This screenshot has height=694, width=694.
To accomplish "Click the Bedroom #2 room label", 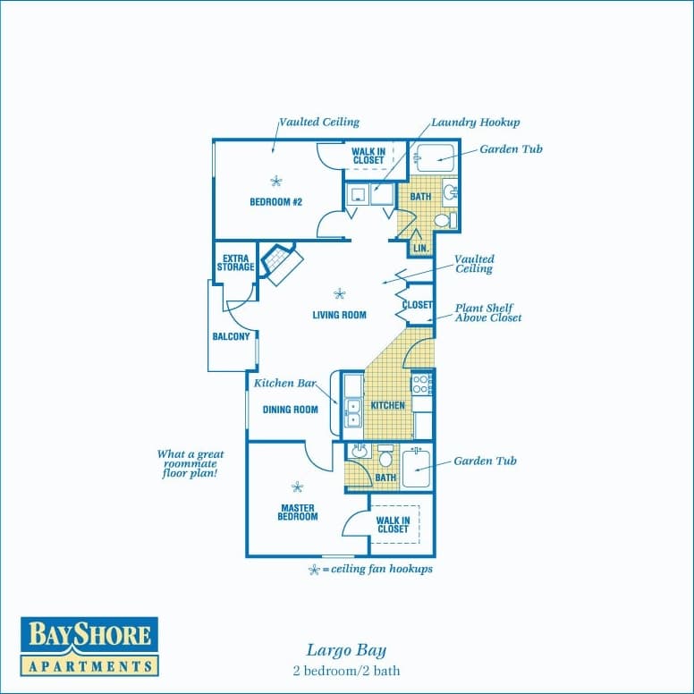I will (275, 202).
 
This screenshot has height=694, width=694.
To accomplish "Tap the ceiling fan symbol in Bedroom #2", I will (275, 181).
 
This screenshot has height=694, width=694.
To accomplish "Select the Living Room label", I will (340, 315).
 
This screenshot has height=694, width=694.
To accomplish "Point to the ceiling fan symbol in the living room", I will (339, 292).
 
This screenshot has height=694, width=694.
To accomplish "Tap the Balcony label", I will (231, 337).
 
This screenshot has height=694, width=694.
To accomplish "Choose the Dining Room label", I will (291, 410).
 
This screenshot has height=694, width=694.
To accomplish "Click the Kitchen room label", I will (388, 405).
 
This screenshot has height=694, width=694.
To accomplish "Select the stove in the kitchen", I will (422, 385).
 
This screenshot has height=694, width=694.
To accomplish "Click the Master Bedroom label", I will (297, 512).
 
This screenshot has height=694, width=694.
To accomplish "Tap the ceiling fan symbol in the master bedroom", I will (297, 487).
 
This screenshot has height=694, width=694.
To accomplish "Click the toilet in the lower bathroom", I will (386, 457).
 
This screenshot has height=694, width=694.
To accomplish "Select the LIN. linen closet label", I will (420, 248).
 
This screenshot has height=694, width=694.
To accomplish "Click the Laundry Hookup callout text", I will (475, 123).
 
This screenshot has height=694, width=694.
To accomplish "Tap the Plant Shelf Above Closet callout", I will (488, 312).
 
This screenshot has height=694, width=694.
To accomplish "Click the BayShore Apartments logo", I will (89, 646).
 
